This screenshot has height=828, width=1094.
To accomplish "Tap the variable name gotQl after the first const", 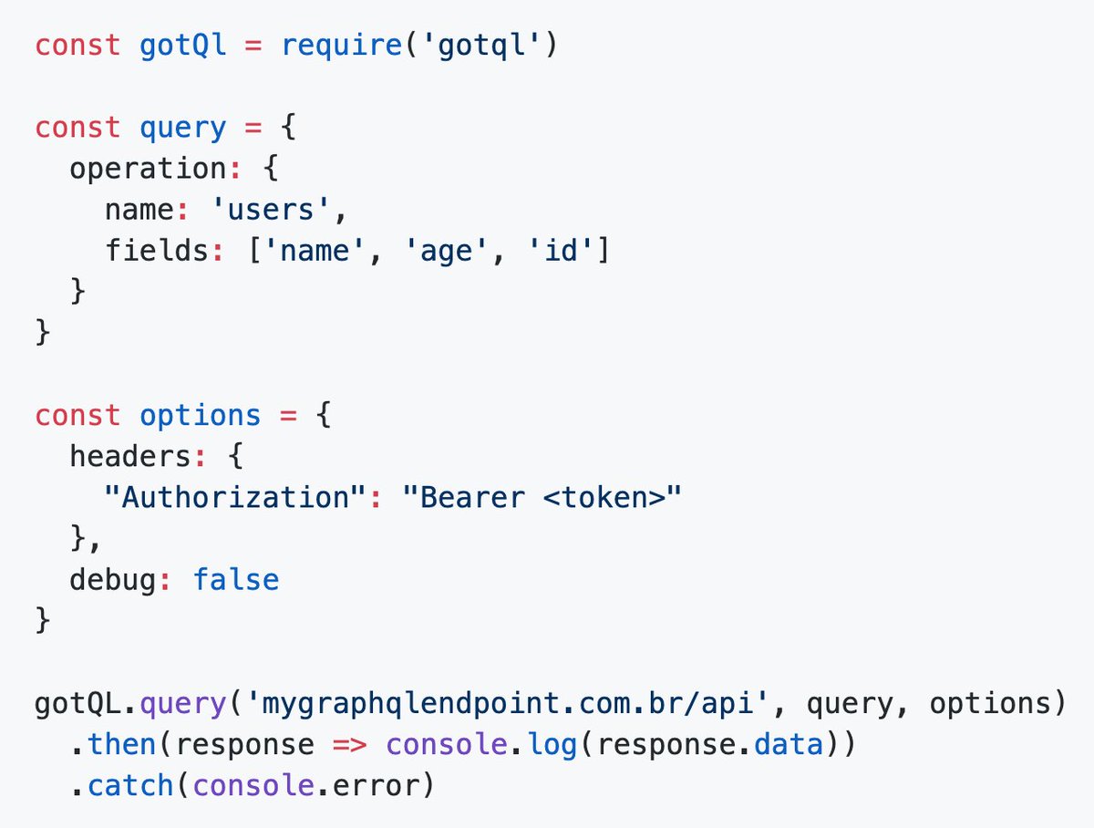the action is pos(183,45).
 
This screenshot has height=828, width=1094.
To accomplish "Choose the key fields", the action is pos(157,250).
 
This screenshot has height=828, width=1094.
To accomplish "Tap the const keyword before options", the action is pos(77,416).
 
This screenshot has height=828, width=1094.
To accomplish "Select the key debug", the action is pos(113,580).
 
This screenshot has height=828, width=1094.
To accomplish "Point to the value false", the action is pos(236,580).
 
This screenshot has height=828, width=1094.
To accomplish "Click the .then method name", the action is pos(121,744).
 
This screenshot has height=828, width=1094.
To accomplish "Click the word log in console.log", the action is pos(552,744).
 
